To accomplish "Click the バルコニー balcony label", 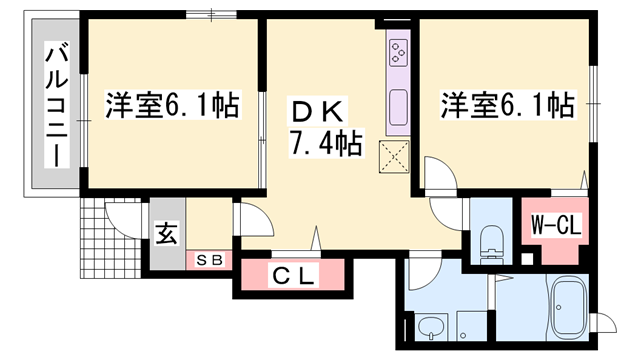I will [x=57, y=103].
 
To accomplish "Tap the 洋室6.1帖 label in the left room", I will [x=172, y=104].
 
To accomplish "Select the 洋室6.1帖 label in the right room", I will [x=506, y=104].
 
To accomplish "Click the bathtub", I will [x=573, y=312].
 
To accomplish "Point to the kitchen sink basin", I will [x=398, y=104].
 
